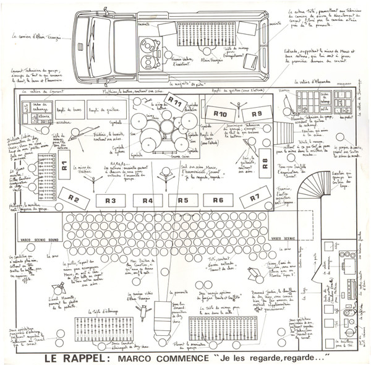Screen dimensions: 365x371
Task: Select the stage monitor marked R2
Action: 74,199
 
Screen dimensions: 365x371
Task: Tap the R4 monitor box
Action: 148,200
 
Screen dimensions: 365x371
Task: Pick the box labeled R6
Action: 218,200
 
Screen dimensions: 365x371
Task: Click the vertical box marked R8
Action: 264,163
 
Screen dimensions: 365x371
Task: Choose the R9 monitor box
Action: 257,114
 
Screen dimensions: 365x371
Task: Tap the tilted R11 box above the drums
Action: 176,103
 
